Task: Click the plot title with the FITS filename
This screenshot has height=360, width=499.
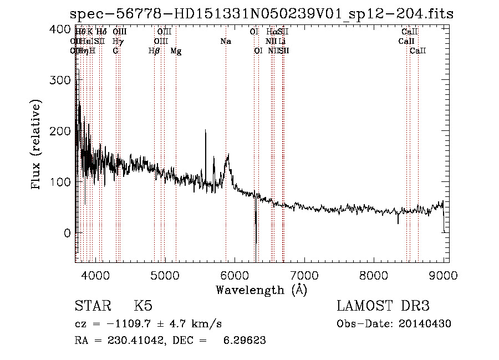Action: point(262,14)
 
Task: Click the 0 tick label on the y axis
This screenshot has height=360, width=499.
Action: point(67,233)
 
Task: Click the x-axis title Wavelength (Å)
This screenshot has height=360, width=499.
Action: point(261,290)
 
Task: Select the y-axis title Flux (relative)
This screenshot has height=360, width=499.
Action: point(37,145)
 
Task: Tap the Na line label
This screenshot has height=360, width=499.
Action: point(226,42)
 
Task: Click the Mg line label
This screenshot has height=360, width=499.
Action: point(176,51)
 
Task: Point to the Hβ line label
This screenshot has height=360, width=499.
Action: point(154,51)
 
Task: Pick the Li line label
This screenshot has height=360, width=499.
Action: point(282,42)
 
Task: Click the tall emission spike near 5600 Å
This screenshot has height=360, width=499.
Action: point(206,131)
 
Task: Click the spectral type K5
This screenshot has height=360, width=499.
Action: point(142,306)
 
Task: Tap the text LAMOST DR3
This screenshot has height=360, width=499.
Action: point(383,306)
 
